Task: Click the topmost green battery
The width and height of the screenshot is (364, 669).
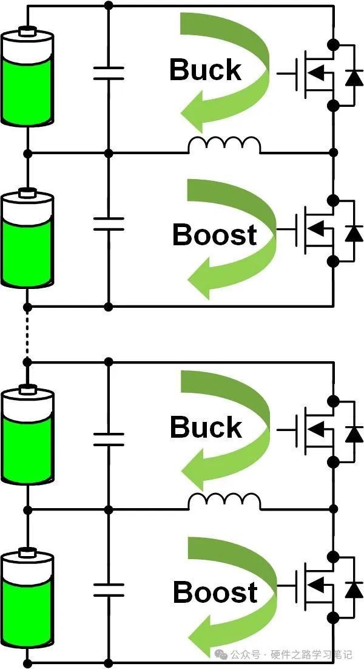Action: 27,79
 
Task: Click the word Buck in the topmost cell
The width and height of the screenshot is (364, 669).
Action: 205,70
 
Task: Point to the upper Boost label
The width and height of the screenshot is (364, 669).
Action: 214,234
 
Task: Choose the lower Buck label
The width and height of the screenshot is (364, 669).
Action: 206,427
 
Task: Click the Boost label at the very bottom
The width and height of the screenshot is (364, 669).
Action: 215,593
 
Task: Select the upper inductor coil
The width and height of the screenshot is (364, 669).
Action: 224,145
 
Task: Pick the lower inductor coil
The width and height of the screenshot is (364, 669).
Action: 224,501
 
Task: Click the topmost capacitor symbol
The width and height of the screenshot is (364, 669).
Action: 109,73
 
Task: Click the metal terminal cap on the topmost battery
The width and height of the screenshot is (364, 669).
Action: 27,30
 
